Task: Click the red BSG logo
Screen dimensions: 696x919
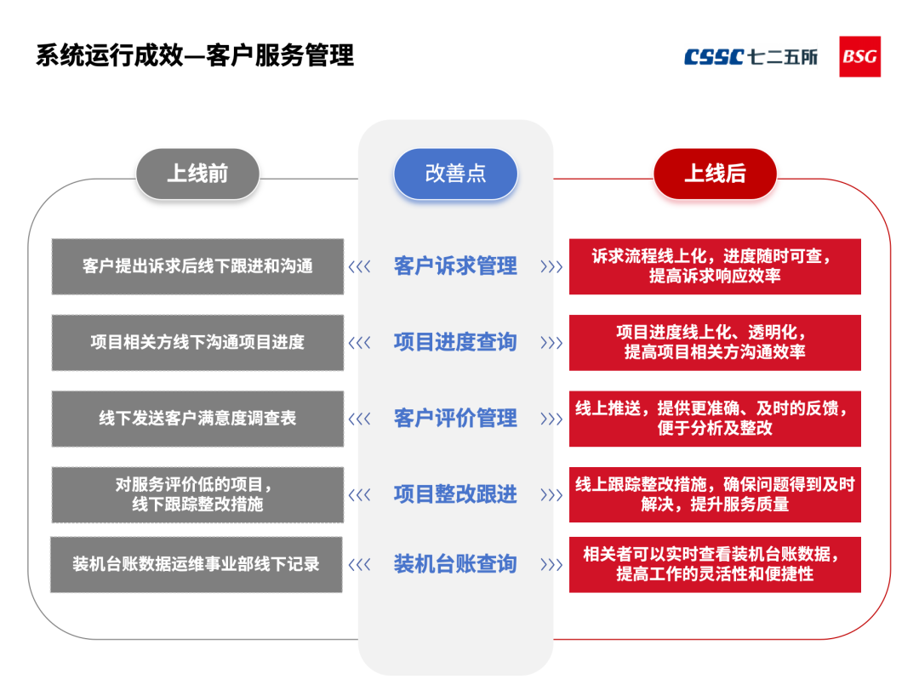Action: pos(859,56)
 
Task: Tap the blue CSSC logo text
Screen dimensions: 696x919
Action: pos(715,57)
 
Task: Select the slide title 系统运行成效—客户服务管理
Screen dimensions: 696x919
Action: pos(195,56)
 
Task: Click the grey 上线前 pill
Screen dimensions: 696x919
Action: pos(197,174)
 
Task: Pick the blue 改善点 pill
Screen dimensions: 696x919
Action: pos(455,174)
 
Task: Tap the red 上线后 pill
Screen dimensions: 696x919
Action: pos(715,174)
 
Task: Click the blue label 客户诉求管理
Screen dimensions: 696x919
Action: pos(455,266)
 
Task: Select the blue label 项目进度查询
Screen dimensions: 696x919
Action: pos(455,342)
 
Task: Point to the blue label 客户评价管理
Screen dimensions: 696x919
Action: pos(455,419)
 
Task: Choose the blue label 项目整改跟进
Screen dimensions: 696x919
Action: pos(455,494)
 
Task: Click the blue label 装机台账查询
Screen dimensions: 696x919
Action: pos(455,564)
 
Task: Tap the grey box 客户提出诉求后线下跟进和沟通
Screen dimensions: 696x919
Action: pos(197,266)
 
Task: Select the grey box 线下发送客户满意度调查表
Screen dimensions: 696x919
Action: pos(197,419)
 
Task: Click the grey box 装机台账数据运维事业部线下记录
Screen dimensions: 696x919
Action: pos(197,564)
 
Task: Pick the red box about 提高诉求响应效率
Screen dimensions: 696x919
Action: pos(715,266)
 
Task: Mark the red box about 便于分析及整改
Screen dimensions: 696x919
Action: pos(715,419)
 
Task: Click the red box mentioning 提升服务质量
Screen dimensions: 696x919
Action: pos(715,494)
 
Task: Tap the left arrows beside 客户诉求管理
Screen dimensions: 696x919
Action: pos(360,266)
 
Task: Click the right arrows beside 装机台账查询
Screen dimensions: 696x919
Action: pos(551,564)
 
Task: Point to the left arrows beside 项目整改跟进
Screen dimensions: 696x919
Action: pos(360,494)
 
